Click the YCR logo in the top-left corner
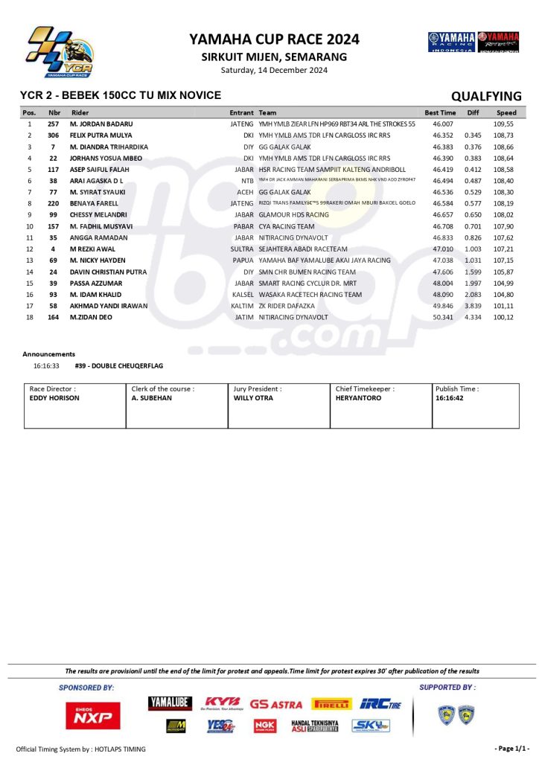click(60, 51)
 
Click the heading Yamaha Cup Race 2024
click(274, 39)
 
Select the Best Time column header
click(440, 112)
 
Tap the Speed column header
click(506, 112)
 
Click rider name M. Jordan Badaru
click(101, 124)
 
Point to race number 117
click(53, 169)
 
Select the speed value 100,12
click(504, 316)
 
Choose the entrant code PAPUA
click(243, 260)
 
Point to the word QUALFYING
click(486, 96)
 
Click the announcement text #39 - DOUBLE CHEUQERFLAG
click(119, 366)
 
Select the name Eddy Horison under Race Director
click(54, 398)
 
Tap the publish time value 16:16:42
click(450, 398)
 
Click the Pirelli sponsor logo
click(332, 703)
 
